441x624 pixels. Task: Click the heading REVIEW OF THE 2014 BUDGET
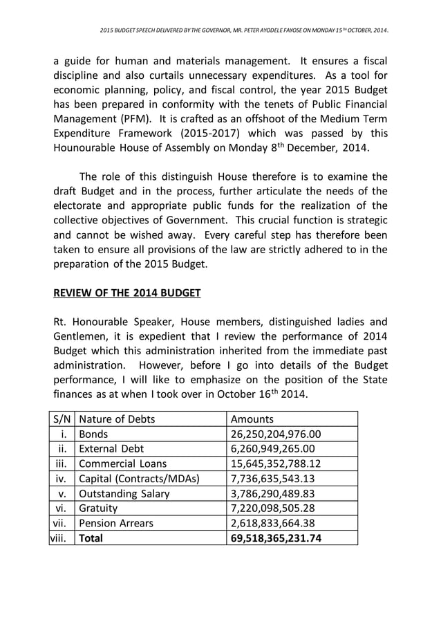[126, 293]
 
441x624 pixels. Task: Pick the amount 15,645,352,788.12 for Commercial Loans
[276, 464]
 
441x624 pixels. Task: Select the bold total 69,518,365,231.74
[276, 538]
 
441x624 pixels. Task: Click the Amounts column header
[252, 419]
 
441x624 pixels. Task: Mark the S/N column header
[62, 419]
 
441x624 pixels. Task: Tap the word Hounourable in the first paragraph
[86, 148]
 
